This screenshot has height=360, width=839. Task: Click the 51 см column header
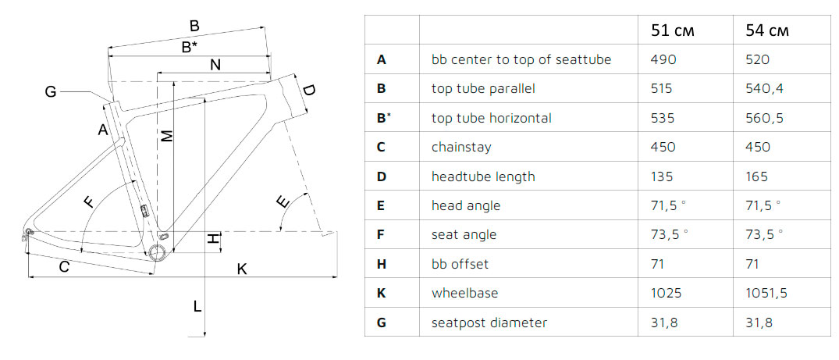(672, 30)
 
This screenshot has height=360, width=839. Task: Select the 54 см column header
(767, 30)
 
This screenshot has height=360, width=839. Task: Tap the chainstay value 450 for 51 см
(663, 147)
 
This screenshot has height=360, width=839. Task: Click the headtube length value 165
(757, 176)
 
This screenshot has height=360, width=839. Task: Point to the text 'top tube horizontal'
(491, 118)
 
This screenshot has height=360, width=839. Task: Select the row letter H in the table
(381, 264)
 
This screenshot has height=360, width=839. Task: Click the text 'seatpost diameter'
(489, 323)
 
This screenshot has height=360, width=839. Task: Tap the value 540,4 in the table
(764, 88)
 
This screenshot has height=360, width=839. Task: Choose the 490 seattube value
(663, 59)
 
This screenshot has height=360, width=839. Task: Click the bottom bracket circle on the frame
(158, 252)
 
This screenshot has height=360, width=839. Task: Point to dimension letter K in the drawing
(242, 269)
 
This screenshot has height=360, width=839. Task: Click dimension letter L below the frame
(197, 307)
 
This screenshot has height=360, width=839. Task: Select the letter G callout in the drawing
(50, 93)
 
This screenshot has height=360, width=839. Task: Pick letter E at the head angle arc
(283, 202)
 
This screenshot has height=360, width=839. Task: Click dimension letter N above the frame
(215, 65)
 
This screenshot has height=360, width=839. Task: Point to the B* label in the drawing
(190, 47)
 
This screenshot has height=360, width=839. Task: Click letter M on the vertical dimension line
(168, 137)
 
